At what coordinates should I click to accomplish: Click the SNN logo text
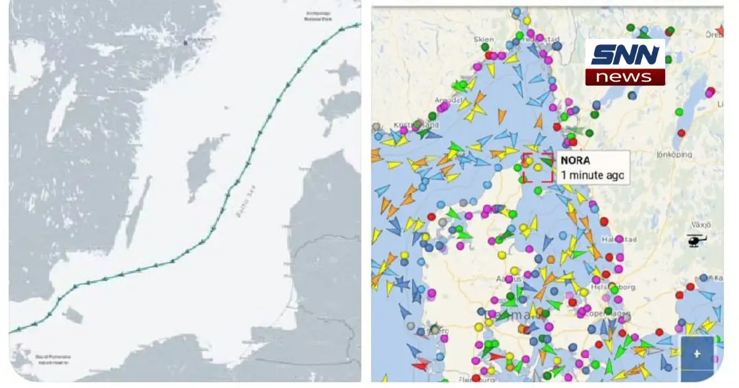tap(624, 55)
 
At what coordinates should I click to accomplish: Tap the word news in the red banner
tap(624, 77)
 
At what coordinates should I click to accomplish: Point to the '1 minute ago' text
tap(592, 174)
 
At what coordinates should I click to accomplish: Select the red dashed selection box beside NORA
tap(538, 168)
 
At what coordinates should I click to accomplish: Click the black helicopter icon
tap(696, 240)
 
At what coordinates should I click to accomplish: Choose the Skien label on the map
tap(484, 39)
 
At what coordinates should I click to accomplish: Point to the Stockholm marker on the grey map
tap(186, 42)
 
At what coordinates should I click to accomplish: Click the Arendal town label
tap(448, 100)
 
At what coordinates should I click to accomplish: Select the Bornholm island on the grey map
tap(72, 316)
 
